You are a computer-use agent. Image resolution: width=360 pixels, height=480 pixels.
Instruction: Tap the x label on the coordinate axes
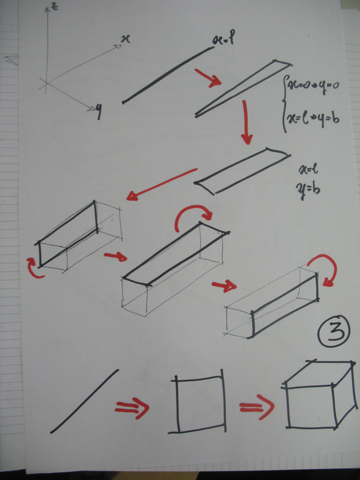coord(124,39)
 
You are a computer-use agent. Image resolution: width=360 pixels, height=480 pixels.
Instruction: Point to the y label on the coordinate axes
coord(97,112)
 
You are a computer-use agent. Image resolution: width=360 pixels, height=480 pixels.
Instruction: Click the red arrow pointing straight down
coord(246,122)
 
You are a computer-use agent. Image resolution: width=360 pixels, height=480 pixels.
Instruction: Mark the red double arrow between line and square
coord(132,407)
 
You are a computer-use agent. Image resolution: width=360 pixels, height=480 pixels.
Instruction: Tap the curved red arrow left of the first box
coord(33,269)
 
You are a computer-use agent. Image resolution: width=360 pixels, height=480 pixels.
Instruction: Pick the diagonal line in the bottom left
coord(85,401)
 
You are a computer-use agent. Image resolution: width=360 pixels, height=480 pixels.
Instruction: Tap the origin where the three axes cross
coord(46,82)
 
